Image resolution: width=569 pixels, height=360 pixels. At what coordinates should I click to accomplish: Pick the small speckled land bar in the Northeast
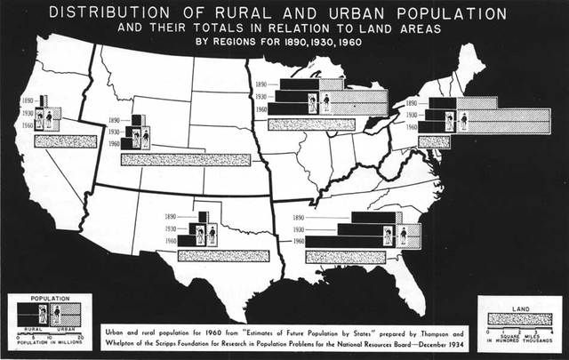pyautogui.click(x=434, y=140)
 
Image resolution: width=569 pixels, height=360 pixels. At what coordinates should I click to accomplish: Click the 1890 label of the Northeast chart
pyautogui.click(x=411, y=103)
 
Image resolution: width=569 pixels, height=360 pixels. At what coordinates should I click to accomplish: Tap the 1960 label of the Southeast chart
pyautogui.click(x=299, y=242)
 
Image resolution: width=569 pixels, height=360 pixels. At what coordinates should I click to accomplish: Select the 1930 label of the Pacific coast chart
pyautogui.click(x=26, y=115)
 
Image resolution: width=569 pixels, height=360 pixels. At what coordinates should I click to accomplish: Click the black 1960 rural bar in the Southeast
pyautogui.click(x=342, y=242)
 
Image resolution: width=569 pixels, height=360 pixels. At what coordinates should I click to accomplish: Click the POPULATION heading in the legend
pyautogui.click(x=50, y=300)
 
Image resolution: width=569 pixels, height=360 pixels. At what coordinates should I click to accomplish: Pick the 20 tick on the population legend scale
pyautogui.click(x=82, y=335)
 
